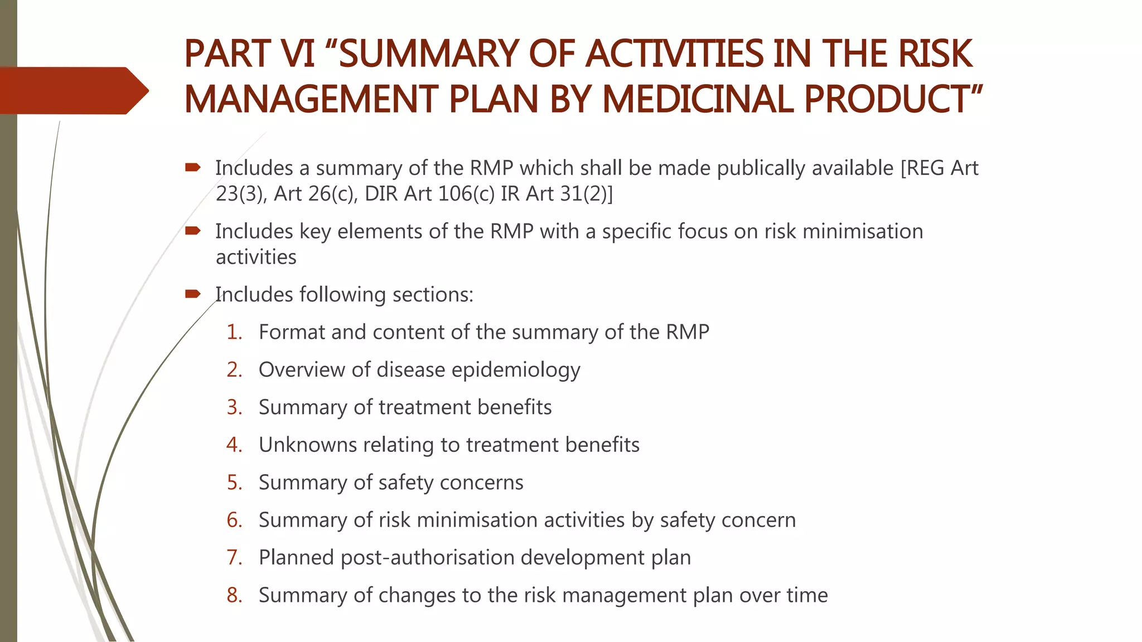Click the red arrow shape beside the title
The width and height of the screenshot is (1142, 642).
(72, 90)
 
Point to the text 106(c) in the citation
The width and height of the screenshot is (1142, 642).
(467, 194)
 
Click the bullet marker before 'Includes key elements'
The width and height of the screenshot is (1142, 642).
(193, 231)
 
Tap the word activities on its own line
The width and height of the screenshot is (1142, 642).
(256, 257)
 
